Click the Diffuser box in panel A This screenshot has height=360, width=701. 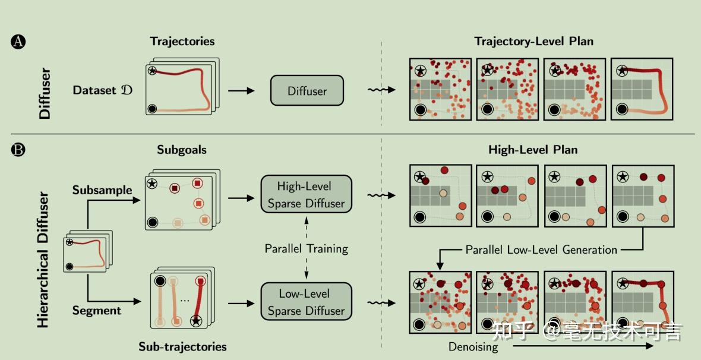tap(307, 91)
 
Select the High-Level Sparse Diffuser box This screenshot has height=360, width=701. tap(306, 195)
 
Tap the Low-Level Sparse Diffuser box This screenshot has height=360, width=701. tap(306, 302)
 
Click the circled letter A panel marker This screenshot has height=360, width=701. tap(18, 42)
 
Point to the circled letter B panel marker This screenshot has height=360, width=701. tap(18, 149)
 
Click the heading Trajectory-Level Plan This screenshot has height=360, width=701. tap(533, 41)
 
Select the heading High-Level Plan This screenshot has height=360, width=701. tap(533, 150)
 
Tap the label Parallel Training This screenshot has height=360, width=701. tap(306, 248)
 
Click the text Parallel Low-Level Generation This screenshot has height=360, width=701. tap(541, 250)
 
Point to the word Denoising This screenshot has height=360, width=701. tap(473, 347)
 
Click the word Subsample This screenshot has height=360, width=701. tap(102, 190)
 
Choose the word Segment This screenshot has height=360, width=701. tap(97, 310)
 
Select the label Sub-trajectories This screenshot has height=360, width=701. tap(182, 346)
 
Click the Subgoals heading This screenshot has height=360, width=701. tap(182, 150)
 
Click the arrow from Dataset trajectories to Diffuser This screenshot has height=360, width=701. tap(241, 91)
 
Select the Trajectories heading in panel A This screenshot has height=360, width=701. tap(182, 42)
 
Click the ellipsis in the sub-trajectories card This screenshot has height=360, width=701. tap(185, 300)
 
